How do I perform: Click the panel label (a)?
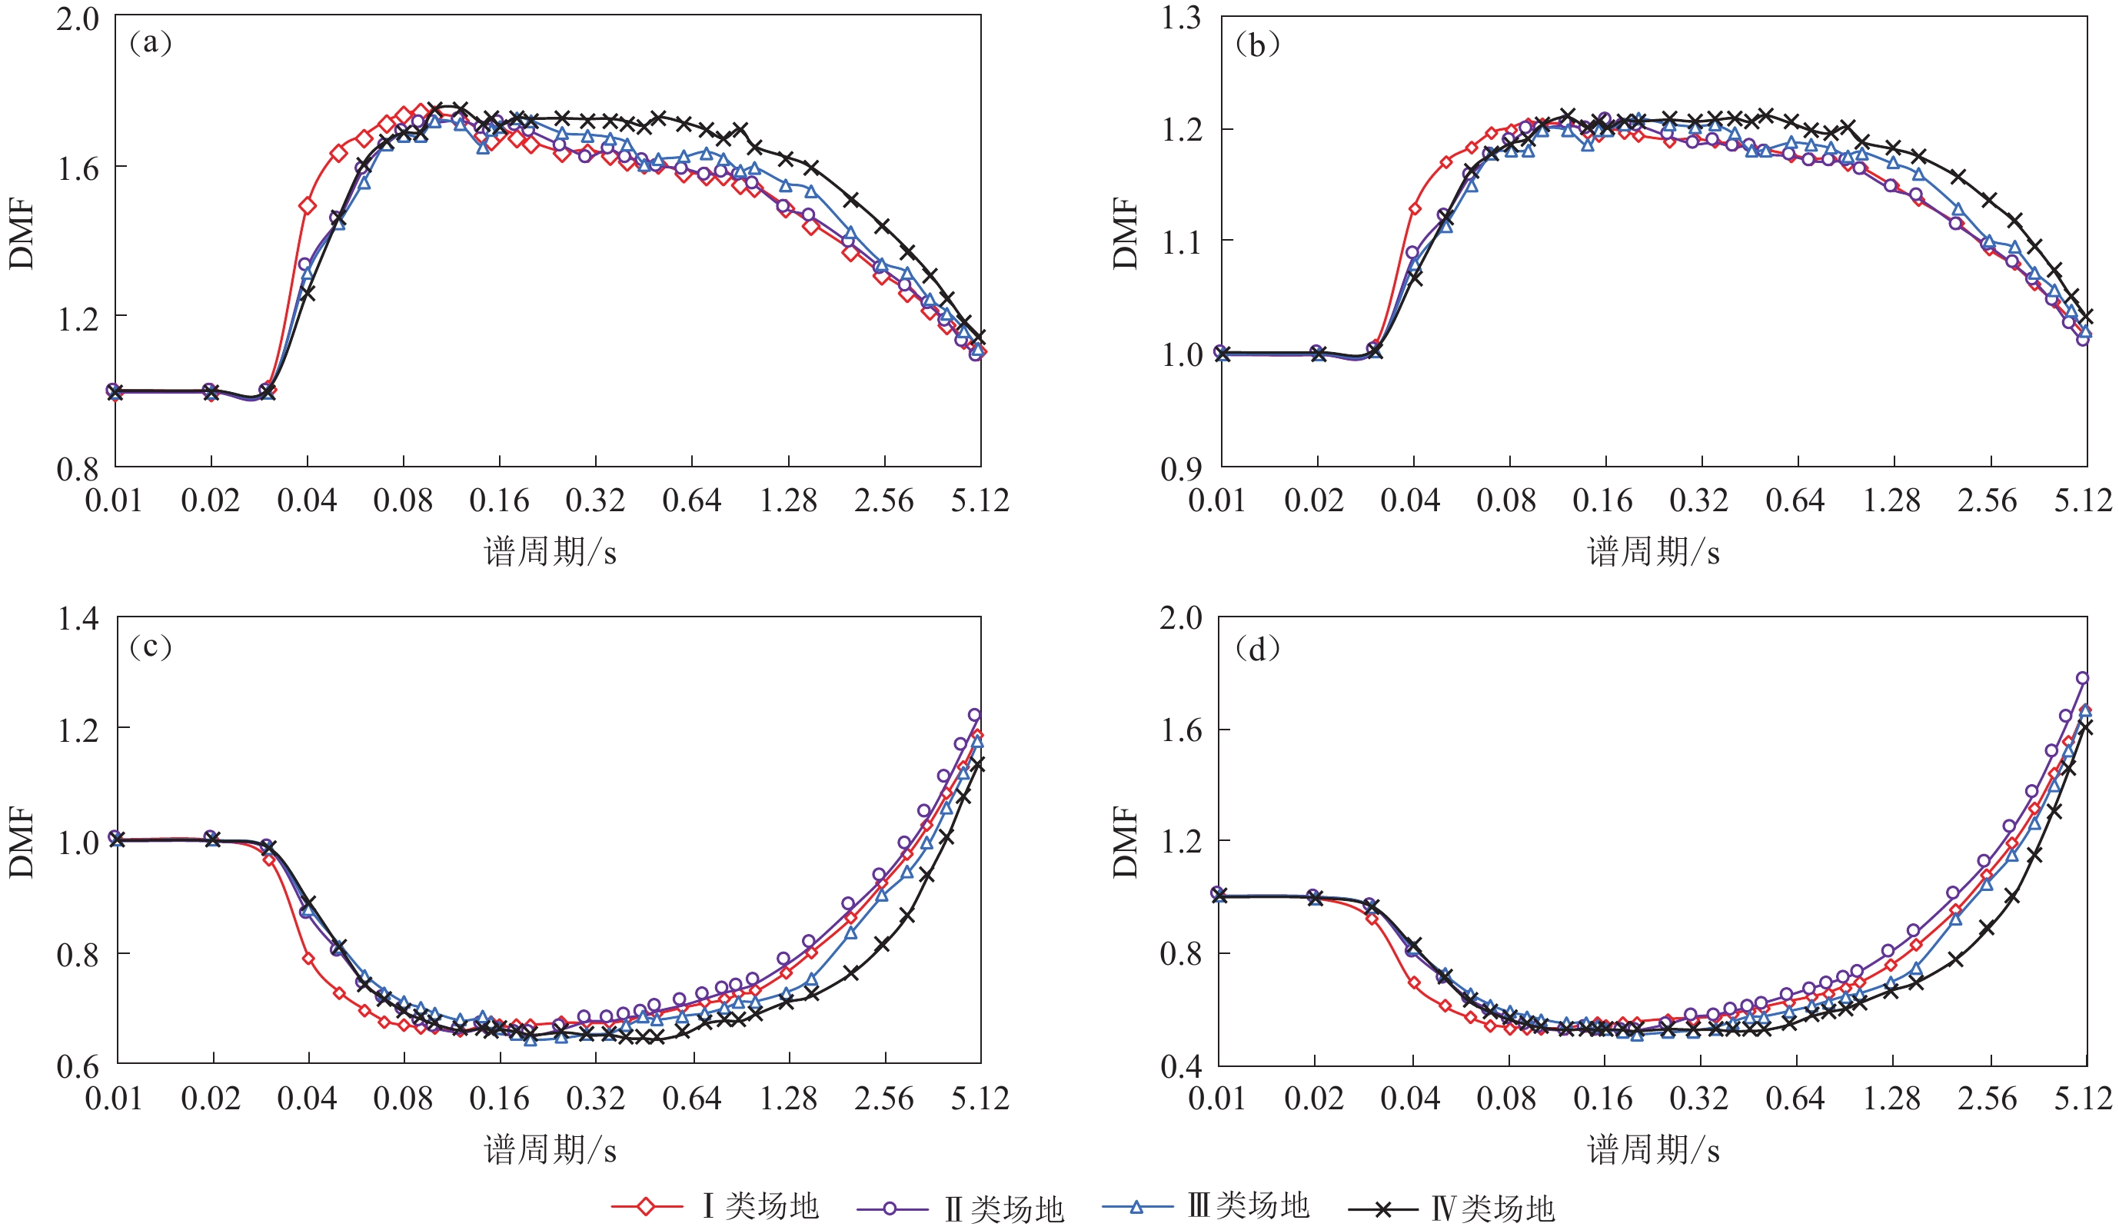(151, 42)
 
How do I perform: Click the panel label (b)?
(1257, 45)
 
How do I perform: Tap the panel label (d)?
(1257, 648)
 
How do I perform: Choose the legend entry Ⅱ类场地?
(1004, 1209)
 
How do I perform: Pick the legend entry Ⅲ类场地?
(1249, 1205)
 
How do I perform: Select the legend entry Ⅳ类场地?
(1493, 1209)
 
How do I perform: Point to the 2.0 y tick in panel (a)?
(78, 18)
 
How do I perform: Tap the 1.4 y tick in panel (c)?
(78, 619)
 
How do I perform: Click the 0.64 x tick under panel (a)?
(691, 501)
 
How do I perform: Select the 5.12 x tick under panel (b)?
(2082, 501)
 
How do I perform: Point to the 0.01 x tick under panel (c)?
(114, 1098)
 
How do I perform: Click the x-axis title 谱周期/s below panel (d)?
(1653, 1149)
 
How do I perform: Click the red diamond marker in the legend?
(646, 1207)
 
